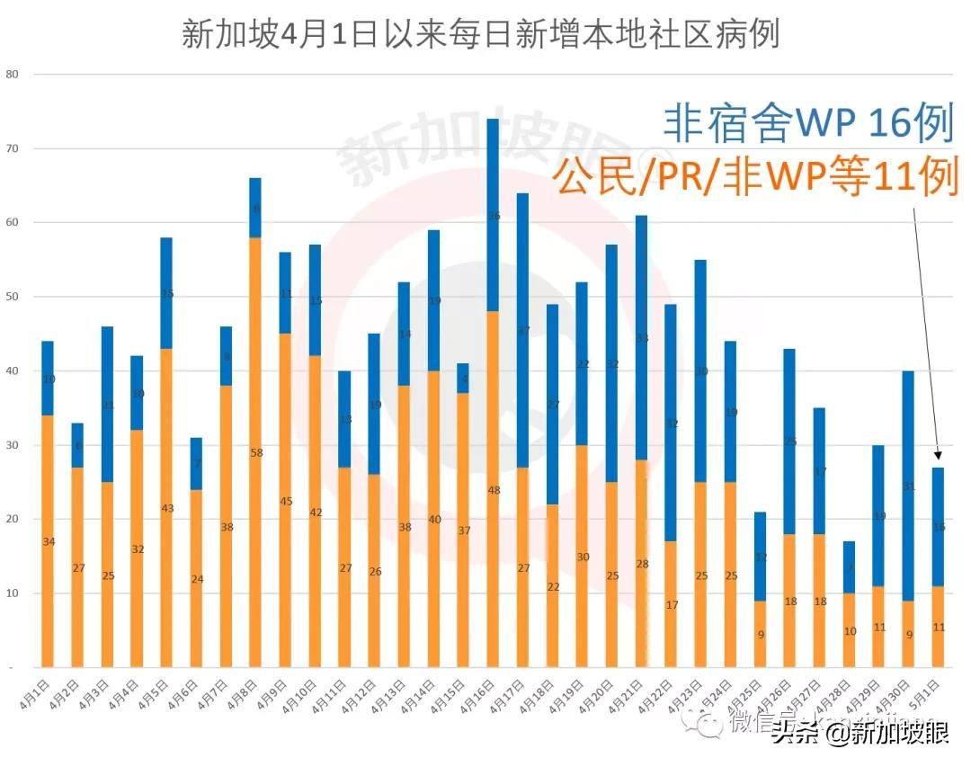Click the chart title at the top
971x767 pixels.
point(480,34)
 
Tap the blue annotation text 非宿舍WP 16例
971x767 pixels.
point(807,123)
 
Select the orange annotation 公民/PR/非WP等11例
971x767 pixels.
point(754,175)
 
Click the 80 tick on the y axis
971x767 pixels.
point(13,75)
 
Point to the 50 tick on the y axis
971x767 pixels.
point(13,297)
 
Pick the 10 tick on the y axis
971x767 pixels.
point(13,593)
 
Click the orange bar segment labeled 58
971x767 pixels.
point(255,452)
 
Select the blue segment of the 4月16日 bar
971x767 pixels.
point(493,216)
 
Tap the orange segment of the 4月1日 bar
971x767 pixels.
point(48,541)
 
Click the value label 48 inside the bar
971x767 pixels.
point(493,490)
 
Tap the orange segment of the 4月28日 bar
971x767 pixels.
point(850,630)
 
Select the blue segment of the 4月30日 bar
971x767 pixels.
point(909,486)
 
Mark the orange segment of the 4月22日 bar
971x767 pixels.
point(671,604)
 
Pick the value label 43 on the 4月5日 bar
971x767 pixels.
point(166,508)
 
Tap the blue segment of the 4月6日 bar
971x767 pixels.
point(196,464)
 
